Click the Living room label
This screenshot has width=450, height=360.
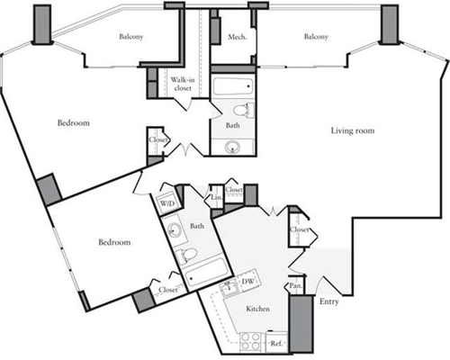353,130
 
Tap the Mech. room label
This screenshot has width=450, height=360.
238,37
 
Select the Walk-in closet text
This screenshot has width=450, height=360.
183,84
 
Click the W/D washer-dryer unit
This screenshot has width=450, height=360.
166,203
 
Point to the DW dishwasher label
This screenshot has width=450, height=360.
247,281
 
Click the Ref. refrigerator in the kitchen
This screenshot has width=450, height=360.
276,342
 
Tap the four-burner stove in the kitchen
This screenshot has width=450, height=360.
250,341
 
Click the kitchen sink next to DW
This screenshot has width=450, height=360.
229,289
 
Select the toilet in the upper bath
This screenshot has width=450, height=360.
243,110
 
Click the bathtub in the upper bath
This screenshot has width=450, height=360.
233,86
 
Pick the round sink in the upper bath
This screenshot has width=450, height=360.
232,147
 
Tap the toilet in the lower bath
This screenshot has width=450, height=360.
186,256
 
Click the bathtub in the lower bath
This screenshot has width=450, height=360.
205,273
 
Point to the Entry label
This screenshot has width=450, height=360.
329,301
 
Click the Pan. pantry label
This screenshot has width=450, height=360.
295,286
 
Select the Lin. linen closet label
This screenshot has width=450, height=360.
217,198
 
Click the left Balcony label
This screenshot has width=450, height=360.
131,37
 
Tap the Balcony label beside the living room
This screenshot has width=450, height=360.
316,37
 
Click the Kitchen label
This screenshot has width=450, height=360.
257,309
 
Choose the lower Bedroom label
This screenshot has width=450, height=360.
114,242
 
